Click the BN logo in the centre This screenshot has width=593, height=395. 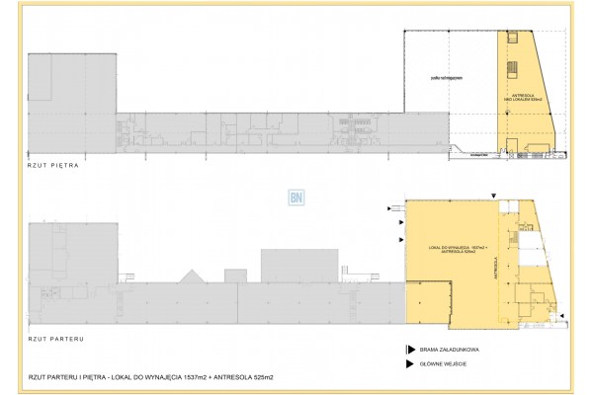[x=295, y=196]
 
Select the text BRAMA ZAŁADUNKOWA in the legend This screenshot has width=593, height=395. [x=451, y=350]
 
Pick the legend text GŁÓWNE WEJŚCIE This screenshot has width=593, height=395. [x=447, y=365]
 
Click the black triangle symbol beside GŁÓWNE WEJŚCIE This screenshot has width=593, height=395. [x=408, y=365]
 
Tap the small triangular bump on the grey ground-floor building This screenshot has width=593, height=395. [x=190, y=274]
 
